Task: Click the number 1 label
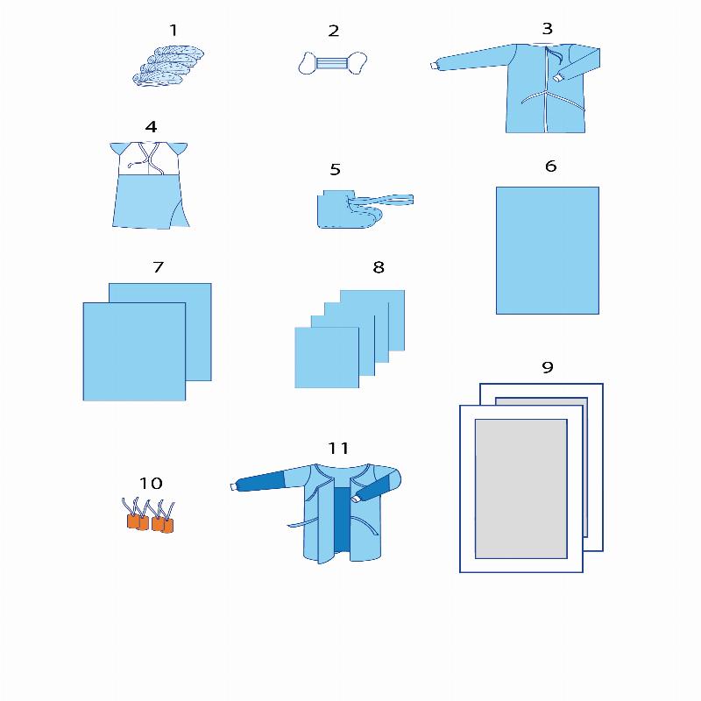point(173,31)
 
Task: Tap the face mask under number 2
point(333,63)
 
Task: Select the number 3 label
point(547,29)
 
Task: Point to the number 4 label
point(151,127)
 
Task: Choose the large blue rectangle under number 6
point(547,251)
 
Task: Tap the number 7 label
point(159,267)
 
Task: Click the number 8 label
point(379,267)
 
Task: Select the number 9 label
point(547,367)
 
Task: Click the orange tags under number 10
point(149,515)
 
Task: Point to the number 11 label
point(338,448)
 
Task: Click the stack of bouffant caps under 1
point(168,66)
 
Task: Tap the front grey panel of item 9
point(520,489)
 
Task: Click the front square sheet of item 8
point(327,358)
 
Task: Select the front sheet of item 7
point(134,352)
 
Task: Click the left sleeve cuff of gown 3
point(434,67)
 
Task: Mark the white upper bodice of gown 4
point(148,159)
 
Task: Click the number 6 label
point(551,166)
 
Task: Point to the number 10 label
point(151,484)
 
